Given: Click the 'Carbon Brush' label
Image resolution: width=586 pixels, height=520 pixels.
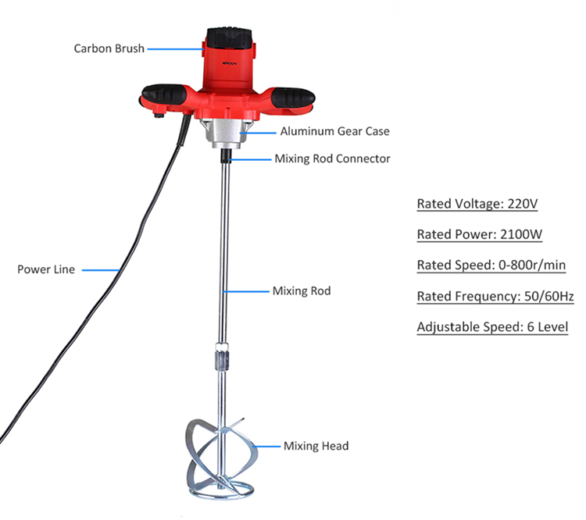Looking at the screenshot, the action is pos(109,48).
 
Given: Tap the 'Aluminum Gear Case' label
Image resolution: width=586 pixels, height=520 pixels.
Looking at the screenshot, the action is pos(335,131).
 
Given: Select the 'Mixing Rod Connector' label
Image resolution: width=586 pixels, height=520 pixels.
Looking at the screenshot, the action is pos(332,158).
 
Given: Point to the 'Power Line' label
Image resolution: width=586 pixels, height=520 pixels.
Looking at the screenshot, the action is pos(46,269).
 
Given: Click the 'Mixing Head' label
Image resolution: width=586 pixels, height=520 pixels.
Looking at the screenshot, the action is pos(316,446).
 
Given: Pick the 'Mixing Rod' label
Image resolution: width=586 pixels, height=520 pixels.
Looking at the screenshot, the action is pos(302,291).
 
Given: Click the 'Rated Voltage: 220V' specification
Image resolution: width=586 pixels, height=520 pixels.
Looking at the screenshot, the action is pos(477,204).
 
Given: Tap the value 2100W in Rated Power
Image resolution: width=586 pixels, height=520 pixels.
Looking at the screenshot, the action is pos(521,234).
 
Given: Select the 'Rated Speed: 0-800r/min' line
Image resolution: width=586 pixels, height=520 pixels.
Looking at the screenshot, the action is pos(491,265).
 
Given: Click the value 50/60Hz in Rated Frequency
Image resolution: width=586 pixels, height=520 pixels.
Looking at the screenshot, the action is pos(549,296).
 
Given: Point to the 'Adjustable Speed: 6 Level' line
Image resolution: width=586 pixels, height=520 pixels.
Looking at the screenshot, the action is pos(492,327).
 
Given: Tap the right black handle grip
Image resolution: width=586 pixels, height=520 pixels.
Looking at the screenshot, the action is pos(293,97).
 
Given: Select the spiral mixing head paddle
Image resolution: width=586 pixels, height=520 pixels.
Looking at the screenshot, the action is pos(221,459).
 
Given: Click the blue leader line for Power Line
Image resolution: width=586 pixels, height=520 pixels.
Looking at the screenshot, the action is pos(101,269).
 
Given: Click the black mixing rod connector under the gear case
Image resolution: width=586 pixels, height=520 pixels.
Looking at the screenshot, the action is pos(226,156).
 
